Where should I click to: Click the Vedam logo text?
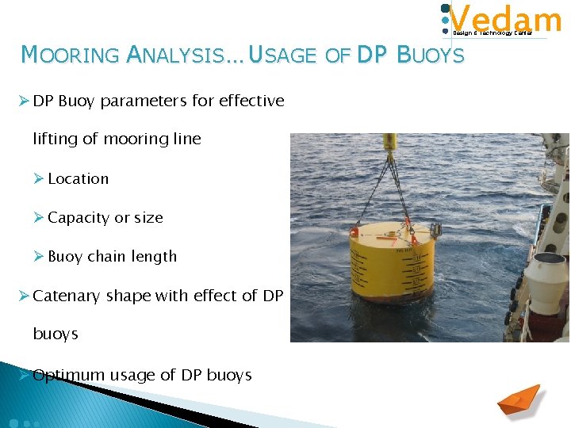(x=505, y=18)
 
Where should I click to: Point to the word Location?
(x=78, y=179)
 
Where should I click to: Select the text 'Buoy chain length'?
(x=112, y=257)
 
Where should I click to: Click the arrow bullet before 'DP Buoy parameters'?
(x=24, y=101)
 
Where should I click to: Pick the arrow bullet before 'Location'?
(x=39, y=179)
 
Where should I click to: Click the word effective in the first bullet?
(x=246, y=101)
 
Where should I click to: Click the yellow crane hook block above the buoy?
(x=390, y=143)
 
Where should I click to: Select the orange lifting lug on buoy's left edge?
(x=354, y=231)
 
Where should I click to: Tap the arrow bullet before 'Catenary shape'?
(x=24, y=296)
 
